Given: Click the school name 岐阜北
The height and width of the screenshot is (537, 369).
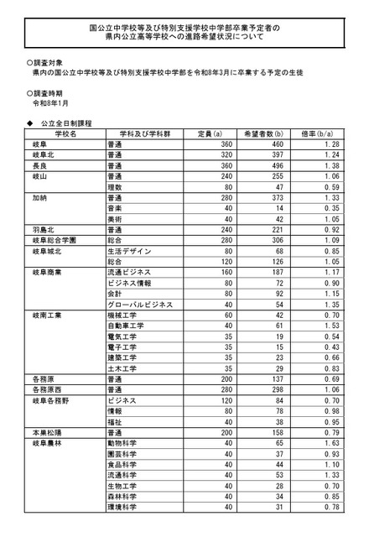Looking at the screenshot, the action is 44,155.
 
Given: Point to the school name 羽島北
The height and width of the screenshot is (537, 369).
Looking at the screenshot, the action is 44,228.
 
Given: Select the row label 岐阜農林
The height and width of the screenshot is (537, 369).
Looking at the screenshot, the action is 47,442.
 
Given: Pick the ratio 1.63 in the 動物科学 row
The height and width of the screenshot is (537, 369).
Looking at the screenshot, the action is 331,442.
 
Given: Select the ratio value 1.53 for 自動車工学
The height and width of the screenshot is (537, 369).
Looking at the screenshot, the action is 331,326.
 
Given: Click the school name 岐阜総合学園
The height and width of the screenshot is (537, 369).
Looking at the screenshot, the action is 53,239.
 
